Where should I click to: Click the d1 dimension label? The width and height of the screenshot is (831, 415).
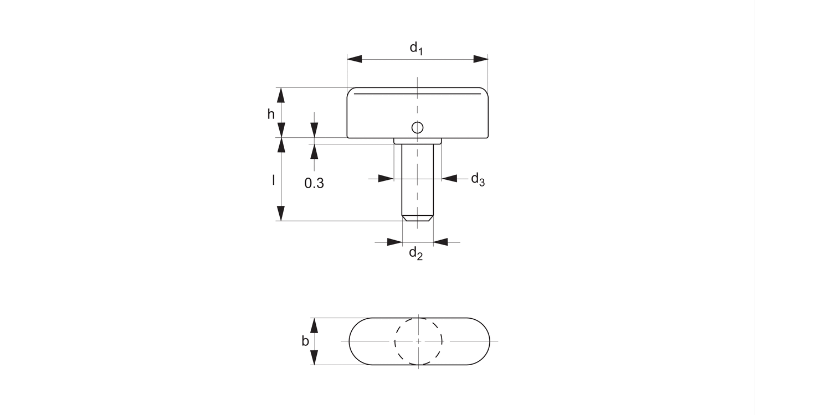click(x=416, y=48)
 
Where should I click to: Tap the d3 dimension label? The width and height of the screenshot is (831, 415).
click(x=478, y=179)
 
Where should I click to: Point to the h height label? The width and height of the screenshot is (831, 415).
click(x=271, y=114)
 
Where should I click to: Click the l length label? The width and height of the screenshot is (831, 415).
click(x=273, y=180)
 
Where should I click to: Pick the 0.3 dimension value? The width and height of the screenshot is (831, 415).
click(x=314, y=184)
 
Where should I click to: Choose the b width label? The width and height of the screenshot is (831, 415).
click(x=305, y=341)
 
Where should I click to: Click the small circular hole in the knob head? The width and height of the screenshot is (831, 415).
click(x=418, y=128)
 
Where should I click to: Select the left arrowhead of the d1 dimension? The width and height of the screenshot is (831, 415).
click(x=355, y=59)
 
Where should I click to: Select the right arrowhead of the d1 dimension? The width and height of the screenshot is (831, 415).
click(x=480, y=59)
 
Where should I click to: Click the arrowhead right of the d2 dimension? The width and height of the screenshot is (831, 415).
click(x=440, y=242)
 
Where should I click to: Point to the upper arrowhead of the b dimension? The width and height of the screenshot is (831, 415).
click(x=315, y=325)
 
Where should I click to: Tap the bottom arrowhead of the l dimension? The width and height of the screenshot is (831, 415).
click(x=281, y=213)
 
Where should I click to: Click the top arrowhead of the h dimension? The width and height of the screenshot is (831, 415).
click(x=281, y=95)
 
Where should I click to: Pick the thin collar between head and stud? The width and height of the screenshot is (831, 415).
click(x=418, y=141)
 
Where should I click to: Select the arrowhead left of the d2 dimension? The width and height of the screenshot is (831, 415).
click(x=394, y=242)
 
